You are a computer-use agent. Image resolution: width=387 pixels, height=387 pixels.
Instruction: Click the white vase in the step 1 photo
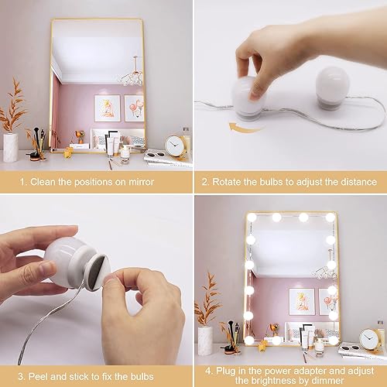click(x=11, y=146)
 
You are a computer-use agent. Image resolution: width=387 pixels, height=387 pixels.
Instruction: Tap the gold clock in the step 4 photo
click(x=370, y=338)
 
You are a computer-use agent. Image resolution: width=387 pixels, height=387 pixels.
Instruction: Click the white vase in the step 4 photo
click(x=205, y=339)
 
